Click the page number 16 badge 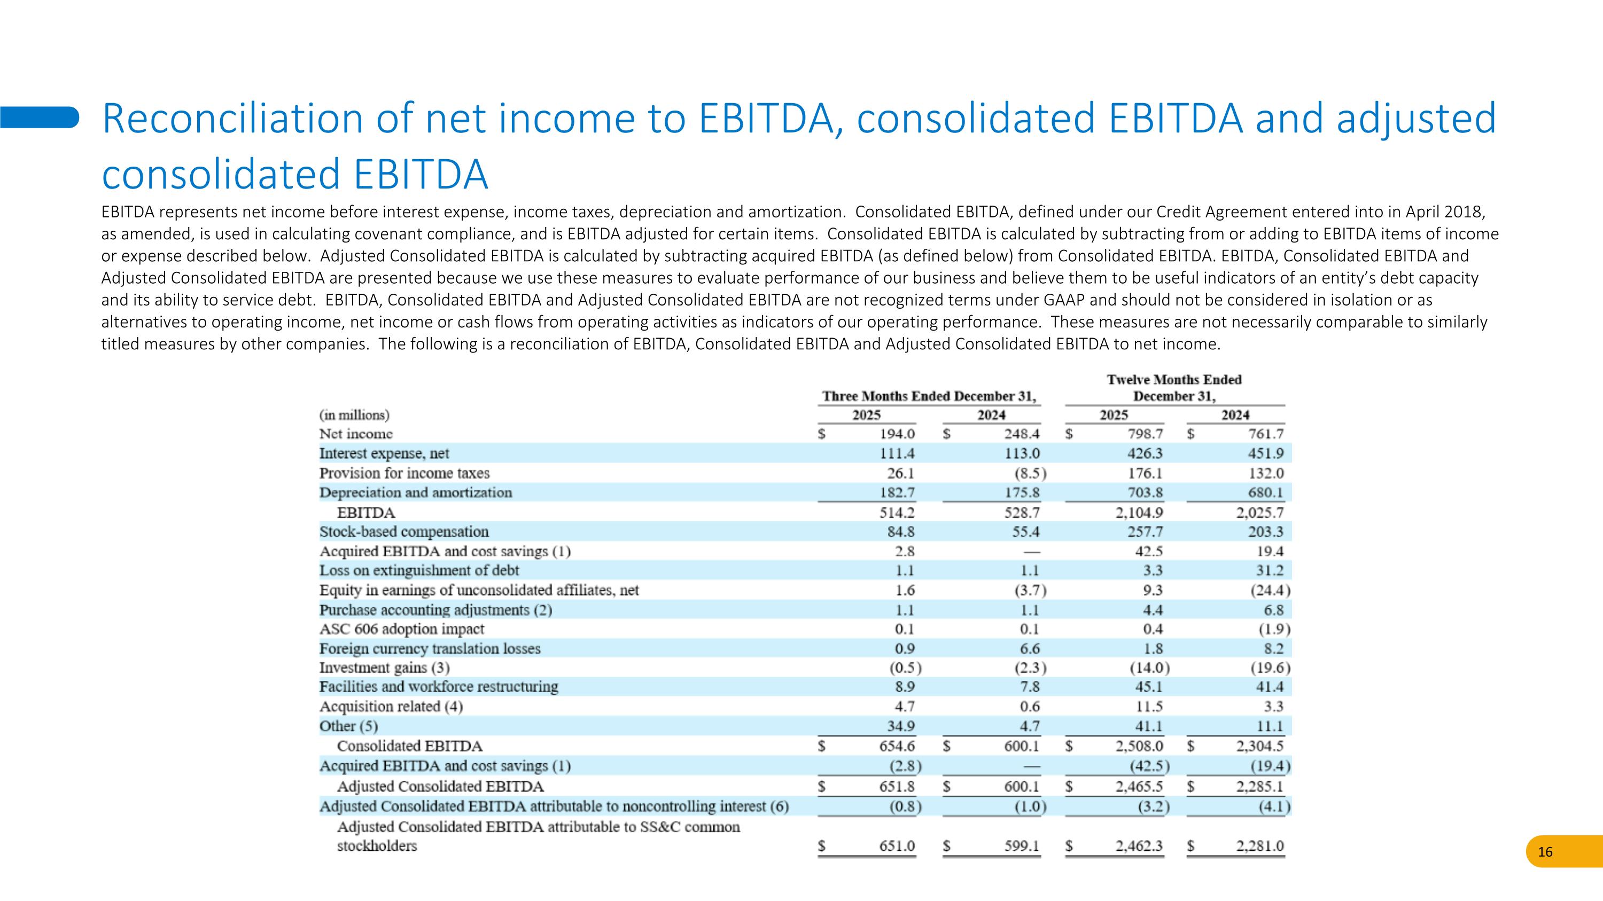tap(1545, 852)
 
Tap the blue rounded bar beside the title tap(39, 117)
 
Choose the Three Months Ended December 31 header tap(929, 396)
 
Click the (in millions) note tap(354, 415)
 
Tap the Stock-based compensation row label tap(404, 531)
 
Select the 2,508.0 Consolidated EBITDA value tap(1139, 746)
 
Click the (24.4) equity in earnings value tap(1270, 590)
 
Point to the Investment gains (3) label tap(384, 667)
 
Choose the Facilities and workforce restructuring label tap(439, 686)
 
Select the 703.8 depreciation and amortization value tap(1145, 492)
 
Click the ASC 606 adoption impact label tap(401, 629)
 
